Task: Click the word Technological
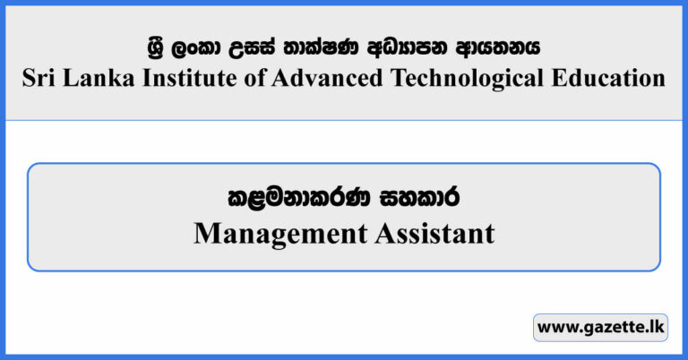464,78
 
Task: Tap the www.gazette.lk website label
600,328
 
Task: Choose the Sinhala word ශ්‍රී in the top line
159,45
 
